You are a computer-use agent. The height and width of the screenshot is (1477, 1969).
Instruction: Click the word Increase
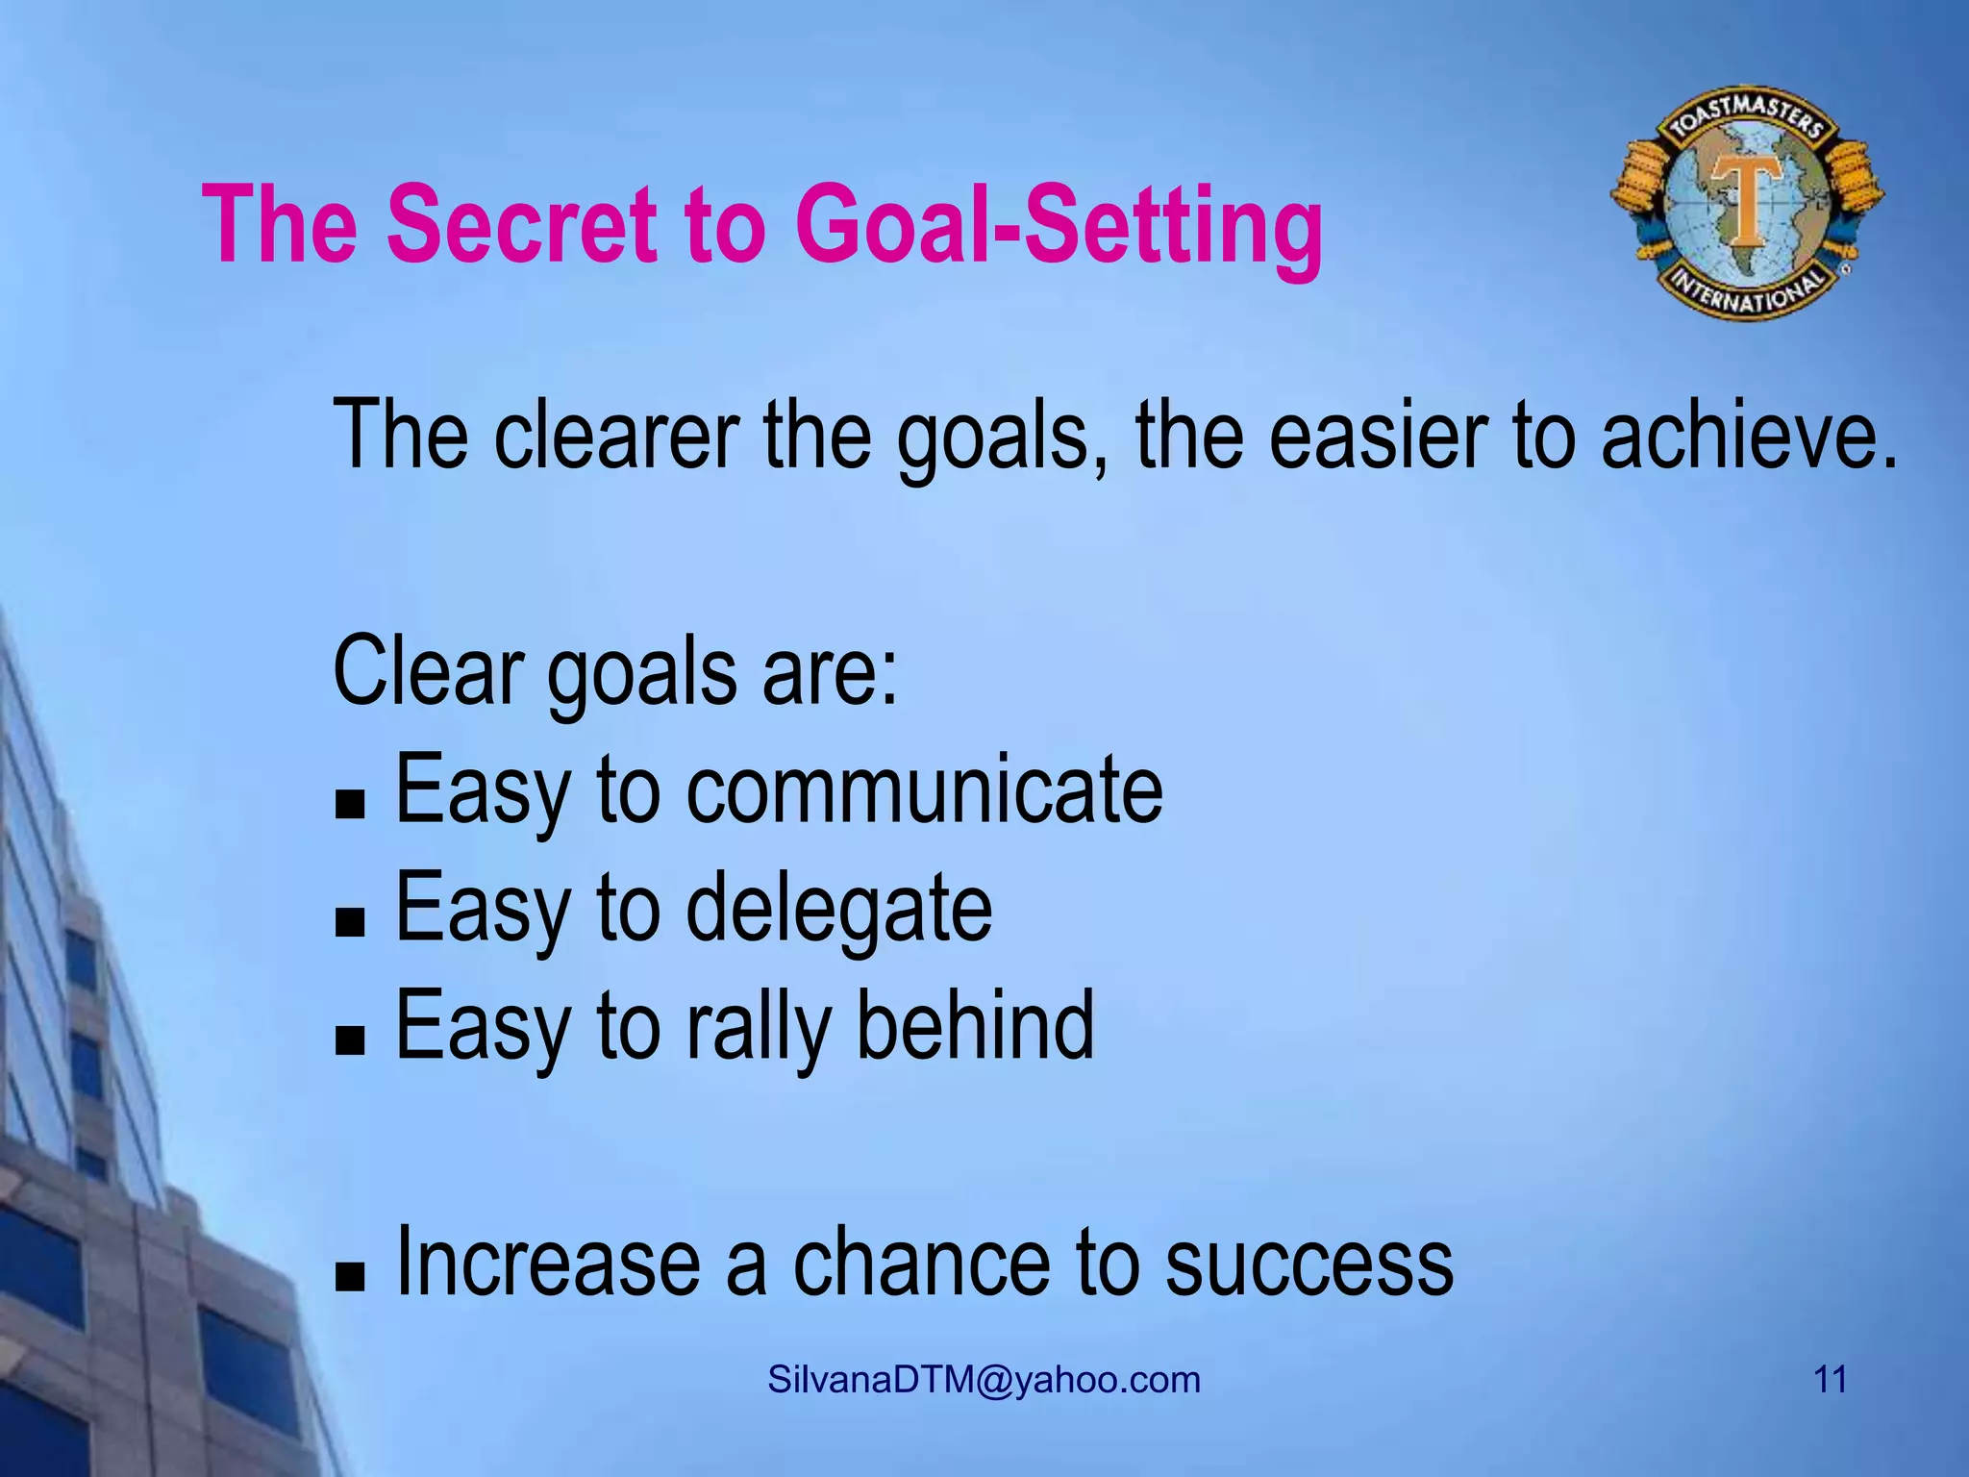click(x=548, y=1262)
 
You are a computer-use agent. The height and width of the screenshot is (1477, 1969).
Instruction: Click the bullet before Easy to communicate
click(x=351, y=805)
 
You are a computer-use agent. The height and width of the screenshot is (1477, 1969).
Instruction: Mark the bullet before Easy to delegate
click(x=351, y=923)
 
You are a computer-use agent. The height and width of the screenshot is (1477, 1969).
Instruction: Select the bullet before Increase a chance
click(x=351, y=1278)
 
